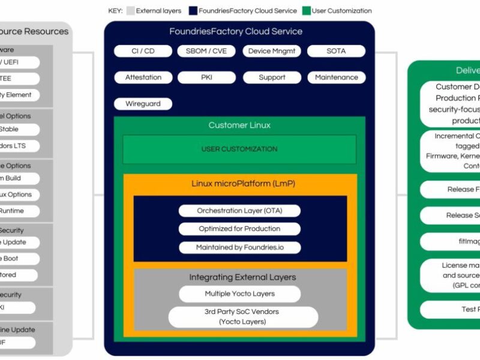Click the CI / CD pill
click(143, 51)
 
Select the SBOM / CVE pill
click(206, 51)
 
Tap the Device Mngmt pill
click(272, 51)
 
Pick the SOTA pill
click(336, 51)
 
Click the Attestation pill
click(143, 77)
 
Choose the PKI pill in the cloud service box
click(206, 77)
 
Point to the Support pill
click(272, 77)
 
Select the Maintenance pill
click(336, 77)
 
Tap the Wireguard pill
click(143, 104)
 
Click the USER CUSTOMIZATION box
click(239, 149)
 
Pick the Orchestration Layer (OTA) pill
click(239, 211)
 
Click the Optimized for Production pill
click(239, 229)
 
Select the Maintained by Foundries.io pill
click(239, 247)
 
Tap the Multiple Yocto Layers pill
click(239, 294)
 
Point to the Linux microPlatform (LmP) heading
click(239, 183)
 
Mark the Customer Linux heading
click(239, 125)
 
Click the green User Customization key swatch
click(306, 11)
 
